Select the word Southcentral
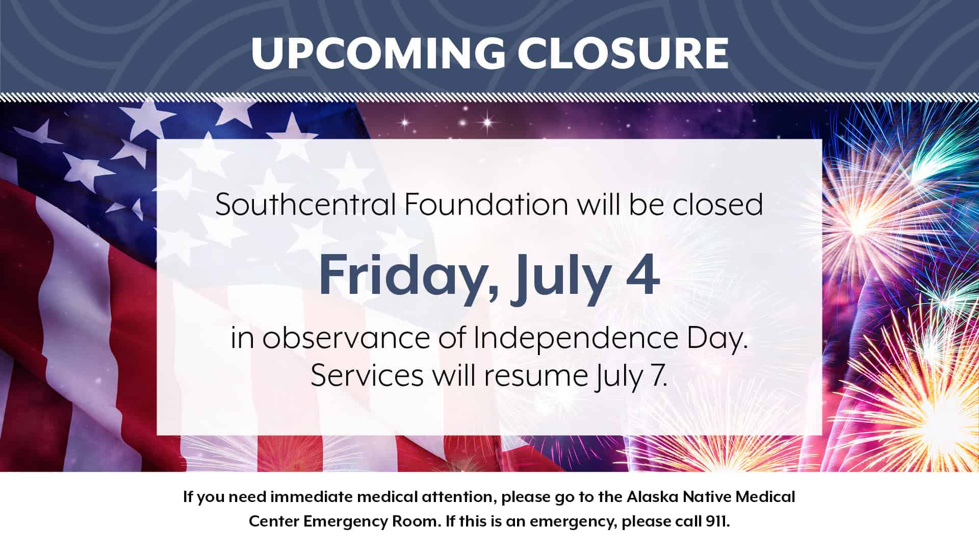point(305,204)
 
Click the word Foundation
point(486,204)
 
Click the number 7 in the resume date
point(658,377)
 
